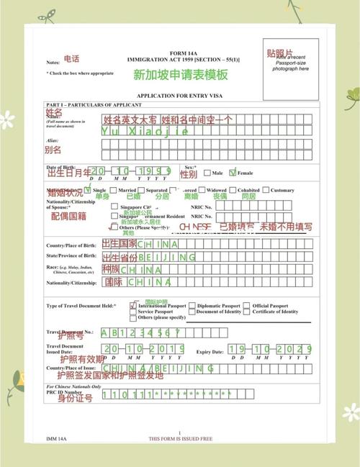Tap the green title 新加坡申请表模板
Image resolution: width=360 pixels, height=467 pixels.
pos(180,74)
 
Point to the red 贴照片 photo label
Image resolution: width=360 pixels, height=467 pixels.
pos(279,54)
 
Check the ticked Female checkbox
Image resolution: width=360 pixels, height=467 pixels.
pos(232,173)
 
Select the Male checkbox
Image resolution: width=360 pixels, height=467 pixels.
pos(207,173)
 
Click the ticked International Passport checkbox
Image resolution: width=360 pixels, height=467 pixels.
pos(133,305)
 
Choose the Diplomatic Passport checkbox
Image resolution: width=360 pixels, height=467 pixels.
pos(192,305)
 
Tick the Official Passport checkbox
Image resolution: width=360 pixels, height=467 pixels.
pos(248,305)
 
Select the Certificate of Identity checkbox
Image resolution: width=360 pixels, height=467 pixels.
pos(248,312)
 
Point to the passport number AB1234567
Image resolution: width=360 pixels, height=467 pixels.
pos(141,332)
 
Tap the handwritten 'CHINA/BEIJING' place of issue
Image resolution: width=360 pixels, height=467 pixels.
pos(158,368)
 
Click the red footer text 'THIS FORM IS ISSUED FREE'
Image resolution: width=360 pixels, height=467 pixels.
pos(180,437)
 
